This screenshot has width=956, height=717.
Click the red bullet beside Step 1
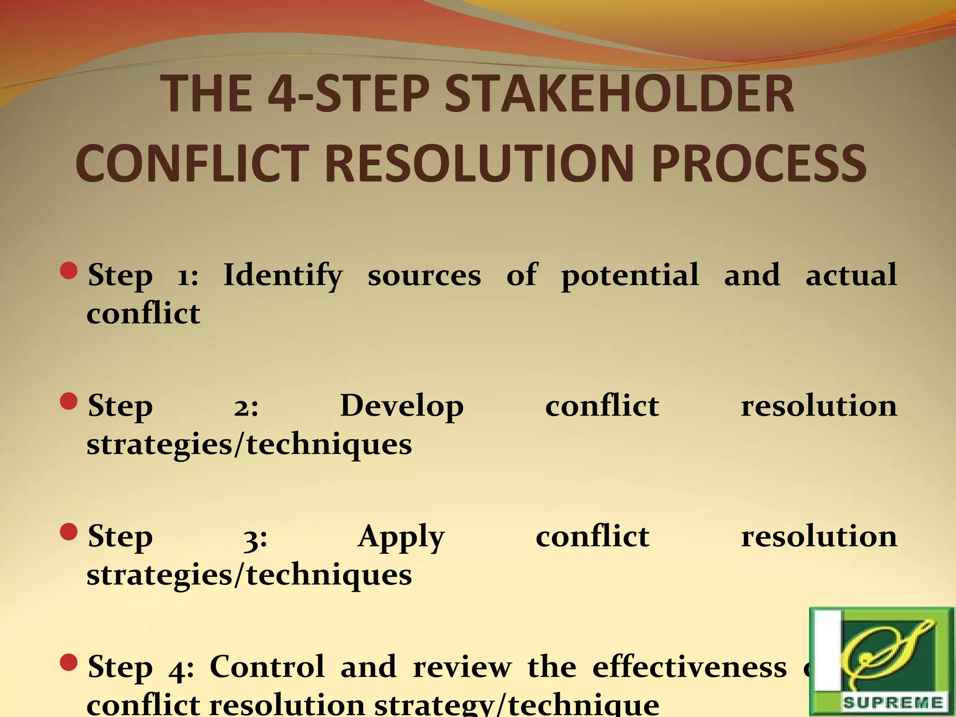point(69,271)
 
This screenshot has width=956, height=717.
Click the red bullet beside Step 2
point(69,401)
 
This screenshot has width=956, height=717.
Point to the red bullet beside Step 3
point(69,532)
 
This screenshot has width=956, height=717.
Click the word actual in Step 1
point(851,275)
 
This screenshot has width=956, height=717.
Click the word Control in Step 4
point(267,667)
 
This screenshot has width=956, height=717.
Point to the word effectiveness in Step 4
point(689,667)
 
